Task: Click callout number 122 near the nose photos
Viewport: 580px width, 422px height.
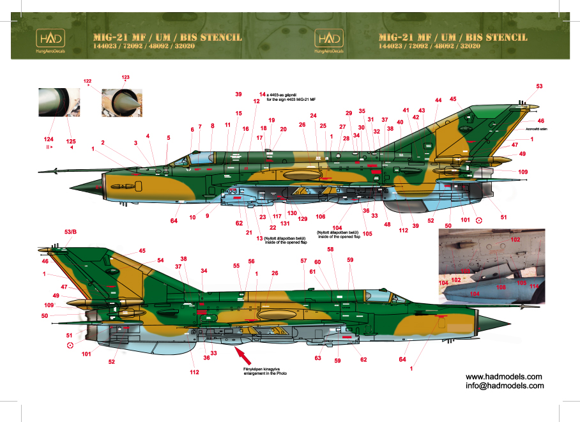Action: pyautogui.click(x=88, y=81)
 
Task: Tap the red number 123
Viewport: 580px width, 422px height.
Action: pyautogui.click(x=125, y=77)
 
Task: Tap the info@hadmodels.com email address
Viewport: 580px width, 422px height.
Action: pyautogui.click(x=505, y=386)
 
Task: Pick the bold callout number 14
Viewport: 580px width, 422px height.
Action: pyautogui.click(x=261, y=94)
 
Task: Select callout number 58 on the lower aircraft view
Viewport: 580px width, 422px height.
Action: pyautogui.click(x=330, y=249)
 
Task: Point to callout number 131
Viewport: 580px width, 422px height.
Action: pyautogui.click(x=284, y=223)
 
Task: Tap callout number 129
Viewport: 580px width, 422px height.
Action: pyautogui.click(x=303, y=219)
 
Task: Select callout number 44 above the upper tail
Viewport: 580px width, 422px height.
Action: pyautogui.click(x=438, y=100)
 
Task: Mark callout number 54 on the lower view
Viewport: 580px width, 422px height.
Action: pyautogui.click(x=161, y=260)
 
